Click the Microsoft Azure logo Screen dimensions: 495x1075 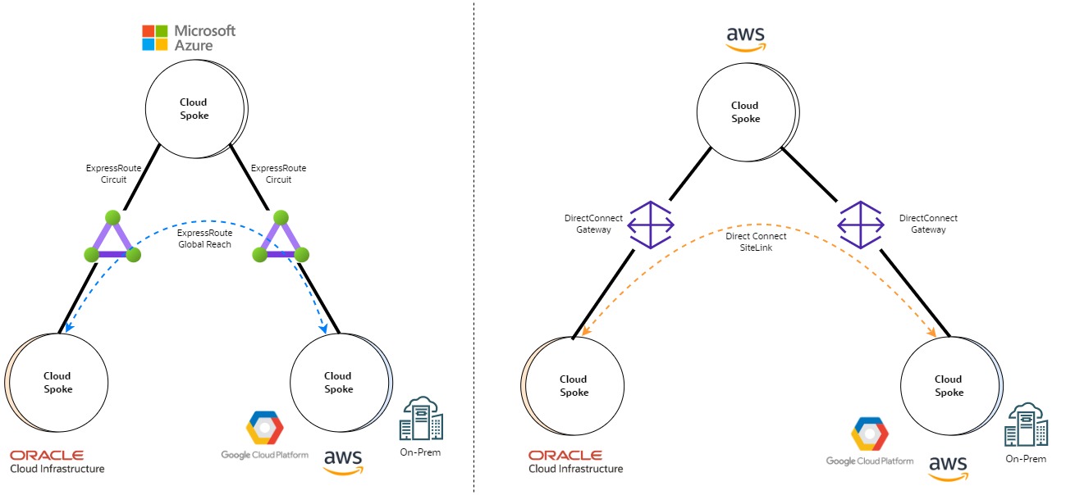(x=189, y=37)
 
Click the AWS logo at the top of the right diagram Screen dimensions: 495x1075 (x=745, y=38)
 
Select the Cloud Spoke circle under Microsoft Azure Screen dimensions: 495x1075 (x=194, y=109)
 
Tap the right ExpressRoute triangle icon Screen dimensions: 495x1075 (x=281, y=239)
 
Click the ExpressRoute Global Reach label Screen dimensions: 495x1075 (x=204, y=238)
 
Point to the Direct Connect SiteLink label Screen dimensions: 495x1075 (x=756, y=241)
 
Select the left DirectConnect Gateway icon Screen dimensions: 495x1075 (x=652, y=224)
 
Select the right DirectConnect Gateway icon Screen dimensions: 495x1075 (x=860, y=224)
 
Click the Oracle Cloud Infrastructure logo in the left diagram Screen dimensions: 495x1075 (x=57, y=461)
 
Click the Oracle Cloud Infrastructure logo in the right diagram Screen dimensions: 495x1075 (x=575, y=461)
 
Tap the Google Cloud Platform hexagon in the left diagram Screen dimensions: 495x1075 (x=264, y=428)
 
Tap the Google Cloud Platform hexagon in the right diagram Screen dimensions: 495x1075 (x=869, y=434)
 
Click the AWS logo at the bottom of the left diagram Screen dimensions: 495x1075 (x=343, y=461)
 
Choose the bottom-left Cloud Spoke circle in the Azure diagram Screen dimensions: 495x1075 (x=57, y=383)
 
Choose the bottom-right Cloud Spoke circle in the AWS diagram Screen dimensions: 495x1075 (x=949, y=386)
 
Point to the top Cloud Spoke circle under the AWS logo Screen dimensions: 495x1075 (x=745, y=112)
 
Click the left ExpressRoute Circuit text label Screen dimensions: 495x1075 (x=114, y=174)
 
